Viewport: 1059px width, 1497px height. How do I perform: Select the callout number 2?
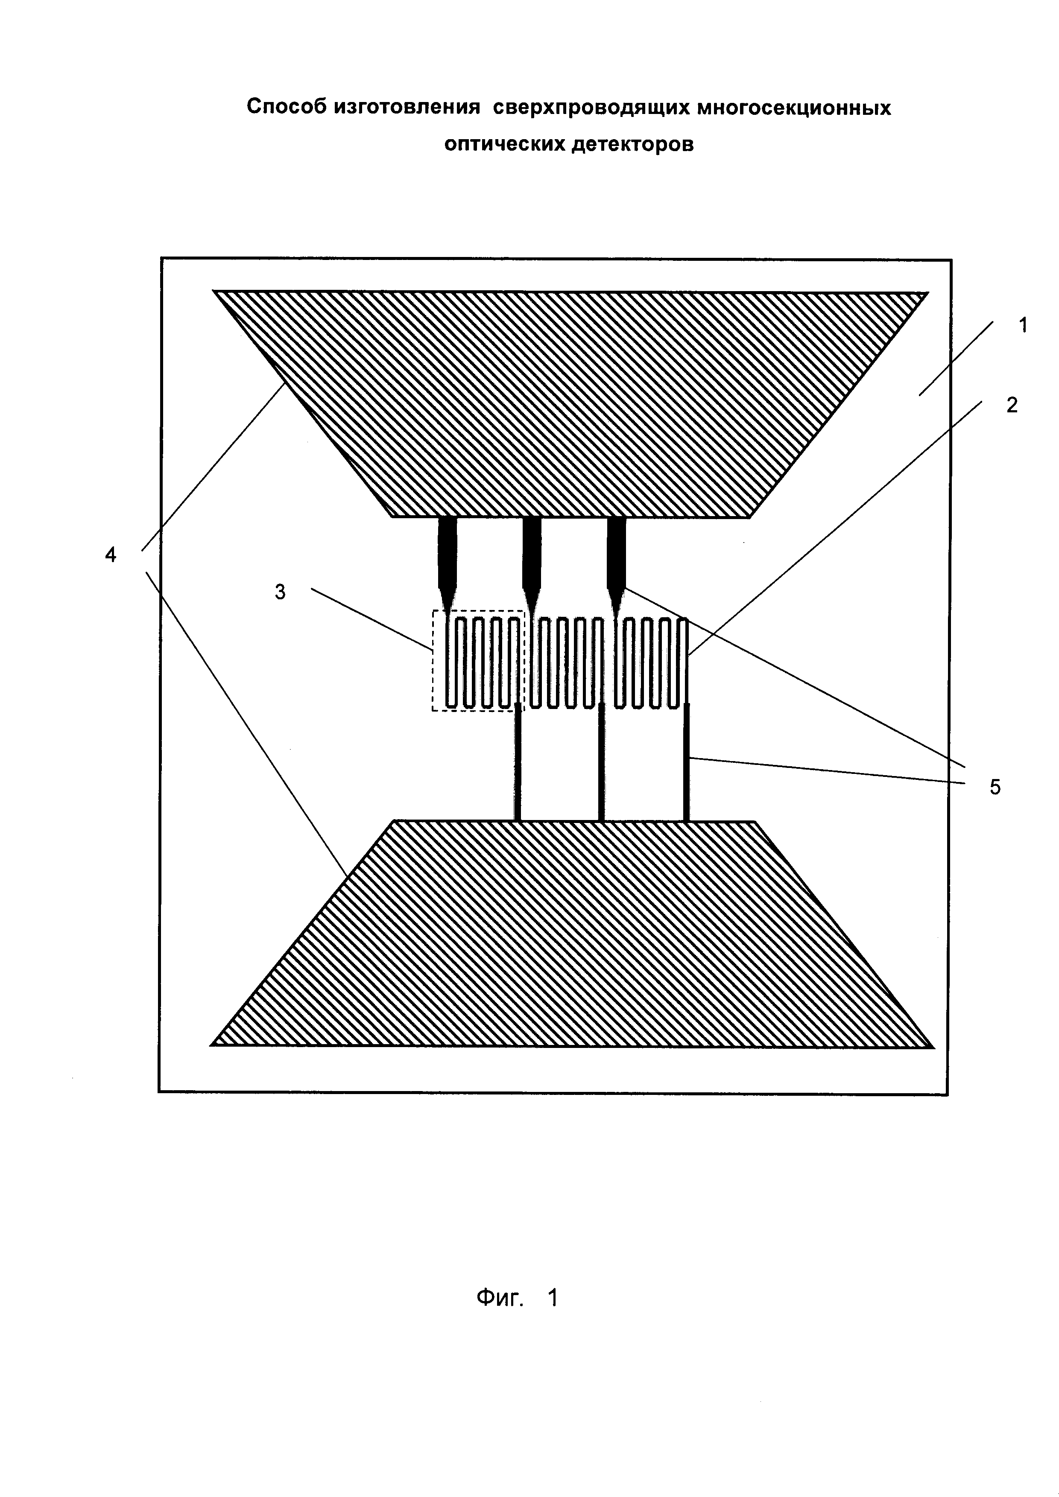1012,405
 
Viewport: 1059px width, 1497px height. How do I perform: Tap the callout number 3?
281,592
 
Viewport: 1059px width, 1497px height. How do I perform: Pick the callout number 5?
995,787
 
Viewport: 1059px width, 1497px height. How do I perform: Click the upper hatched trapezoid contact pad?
570,404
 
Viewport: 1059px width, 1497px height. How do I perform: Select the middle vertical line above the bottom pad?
601,763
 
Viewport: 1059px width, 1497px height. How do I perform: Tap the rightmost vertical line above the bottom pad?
687,763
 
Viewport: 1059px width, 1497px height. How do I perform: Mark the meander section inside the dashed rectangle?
483,662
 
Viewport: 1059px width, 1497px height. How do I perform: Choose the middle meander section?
566,662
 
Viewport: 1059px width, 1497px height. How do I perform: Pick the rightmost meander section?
651,662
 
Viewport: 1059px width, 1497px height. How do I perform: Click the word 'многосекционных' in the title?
793,107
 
